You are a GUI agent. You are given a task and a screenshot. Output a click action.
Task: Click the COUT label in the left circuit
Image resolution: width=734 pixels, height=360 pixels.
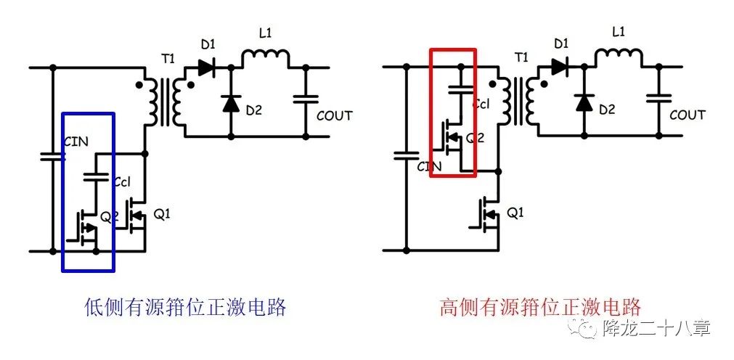coord(335,115)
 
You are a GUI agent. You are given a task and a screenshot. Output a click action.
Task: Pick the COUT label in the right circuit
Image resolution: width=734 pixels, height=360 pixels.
coord(687,115)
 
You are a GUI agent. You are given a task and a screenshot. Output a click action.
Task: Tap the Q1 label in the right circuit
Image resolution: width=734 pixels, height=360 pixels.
coord(514,213)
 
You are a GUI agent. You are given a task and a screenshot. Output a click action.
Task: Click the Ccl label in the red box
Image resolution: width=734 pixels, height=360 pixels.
coord(481,104)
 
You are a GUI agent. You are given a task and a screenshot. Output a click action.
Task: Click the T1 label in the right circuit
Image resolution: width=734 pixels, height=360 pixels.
coord(521,57)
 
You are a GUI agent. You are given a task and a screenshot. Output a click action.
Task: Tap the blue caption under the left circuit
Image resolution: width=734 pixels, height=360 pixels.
coord(184,307)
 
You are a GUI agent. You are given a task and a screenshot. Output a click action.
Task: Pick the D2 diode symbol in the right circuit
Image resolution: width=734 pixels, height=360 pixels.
coord(582,103)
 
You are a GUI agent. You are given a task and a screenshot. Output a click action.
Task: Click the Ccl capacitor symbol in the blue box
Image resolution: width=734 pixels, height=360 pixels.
coord(93,177)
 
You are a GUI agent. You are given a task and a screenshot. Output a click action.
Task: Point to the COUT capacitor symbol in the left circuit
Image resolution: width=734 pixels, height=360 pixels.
coord(306,99)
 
